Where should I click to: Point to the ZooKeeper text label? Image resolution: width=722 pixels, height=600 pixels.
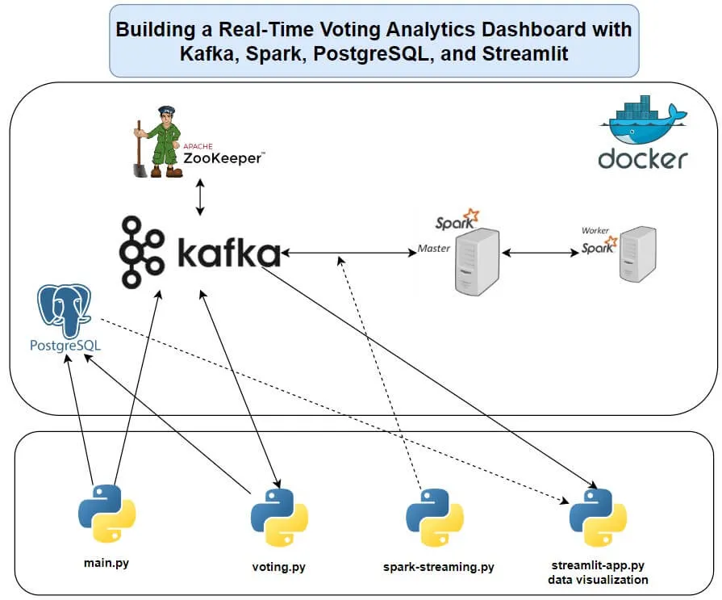[x=222, y=157]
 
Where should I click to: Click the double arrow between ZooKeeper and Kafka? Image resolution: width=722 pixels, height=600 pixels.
[x=200, y=198]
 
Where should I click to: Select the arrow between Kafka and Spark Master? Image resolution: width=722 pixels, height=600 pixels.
[x=347, y=254]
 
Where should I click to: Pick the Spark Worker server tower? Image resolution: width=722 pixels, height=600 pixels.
[x=637, y=254]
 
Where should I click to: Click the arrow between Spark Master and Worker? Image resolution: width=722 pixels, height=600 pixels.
[x=540, y=254]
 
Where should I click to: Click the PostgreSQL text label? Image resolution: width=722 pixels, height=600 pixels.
[x=65, y=346]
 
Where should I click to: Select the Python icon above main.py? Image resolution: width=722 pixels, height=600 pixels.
[x=106, y=513]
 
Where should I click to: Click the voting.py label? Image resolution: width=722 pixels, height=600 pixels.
[x=279, y=567]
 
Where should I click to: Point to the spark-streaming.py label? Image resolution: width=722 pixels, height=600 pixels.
[x=438, y=567]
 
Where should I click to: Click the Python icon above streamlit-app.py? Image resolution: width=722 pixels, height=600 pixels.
[x=598, y=515]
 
